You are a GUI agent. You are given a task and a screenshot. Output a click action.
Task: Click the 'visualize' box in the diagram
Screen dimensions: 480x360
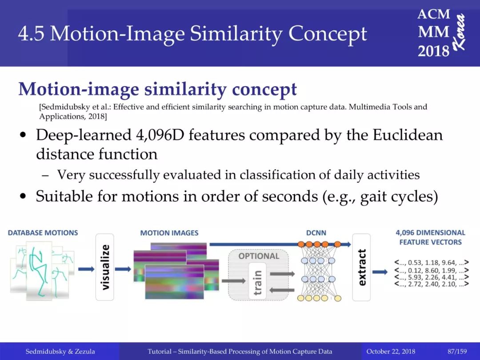pyautogui.click(x=105, y=267)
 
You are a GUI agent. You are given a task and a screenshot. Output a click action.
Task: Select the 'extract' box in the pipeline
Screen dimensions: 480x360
pyautogui.click(x=361, y=267)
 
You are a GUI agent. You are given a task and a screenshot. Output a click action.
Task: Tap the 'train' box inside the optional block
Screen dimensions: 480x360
pyautogui.click(x=257, y=281)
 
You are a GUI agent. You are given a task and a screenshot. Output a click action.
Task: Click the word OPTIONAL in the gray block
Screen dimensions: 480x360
pyautogui.click(x=259, y=256)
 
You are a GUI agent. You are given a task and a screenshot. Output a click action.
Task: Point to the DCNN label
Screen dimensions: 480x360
pyautogui.click(x=316, y=233)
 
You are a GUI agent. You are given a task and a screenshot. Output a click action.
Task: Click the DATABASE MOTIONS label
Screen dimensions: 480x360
pyautogui.click(x=43, y=232)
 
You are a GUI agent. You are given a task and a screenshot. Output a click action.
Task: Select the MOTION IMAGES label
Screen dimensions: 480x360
pyautogui.click(x=169, y=233)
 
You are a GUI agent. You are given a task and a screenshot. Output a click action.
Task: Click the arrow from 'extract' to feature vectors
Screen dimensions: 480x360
pyautogui.click(x=380, y=272)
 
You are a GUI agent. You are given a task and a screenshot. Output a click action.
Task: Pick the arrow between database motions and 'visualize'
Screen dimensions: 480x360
pyautogui.click(x=86, y=269)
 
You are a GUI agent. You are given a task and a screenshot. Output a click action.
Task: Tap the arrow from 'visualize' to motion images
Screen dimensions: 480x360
pyautogui.click(x=123, y=269)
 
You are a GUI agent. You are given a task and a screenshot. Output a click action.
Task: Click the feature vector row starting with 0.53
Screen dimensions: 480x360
pyautogui.click(x=432, y=262)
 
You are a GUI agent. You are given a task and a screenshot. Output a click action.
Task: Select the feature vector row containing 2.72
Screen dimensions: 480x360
pyautogui.click(x=432, y=284)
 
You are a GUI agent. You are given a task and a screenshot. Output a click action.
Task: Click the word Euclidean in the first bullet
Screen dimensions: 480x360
pyautogui.click(x=408, y=135)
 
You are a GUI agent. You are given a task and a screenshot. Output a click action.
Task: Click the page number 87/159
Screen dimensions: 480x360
pyautogui.click(x=457, y=352)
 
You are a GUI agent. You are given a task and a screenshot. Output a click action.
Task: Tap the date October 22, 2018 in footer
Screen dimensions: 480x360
pyautogui.click(x=391, y=352)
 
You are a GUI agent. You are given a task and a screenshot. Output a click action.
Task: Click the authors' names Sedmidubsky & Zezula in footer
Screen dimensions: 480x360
pyautogui.click(x=60, y=352)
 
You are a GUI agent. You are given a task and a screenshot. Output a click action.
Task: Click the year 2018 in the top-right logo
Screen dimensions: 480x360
pyautogui.click(x=433, y=50)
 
